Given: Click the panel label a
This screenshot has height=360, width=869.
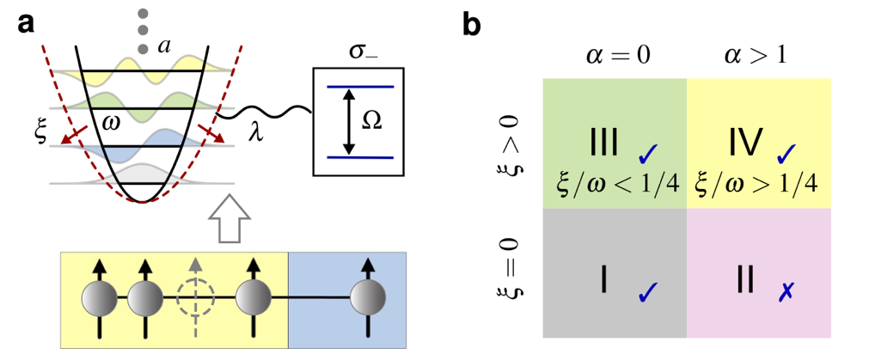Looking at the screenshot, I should click(26, 23).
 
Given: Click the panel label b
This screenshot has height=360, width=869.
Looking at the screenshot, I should click(473, 23).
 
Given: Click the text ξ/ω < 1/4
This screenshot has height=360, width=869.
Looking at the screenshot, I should click(615, 183).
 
